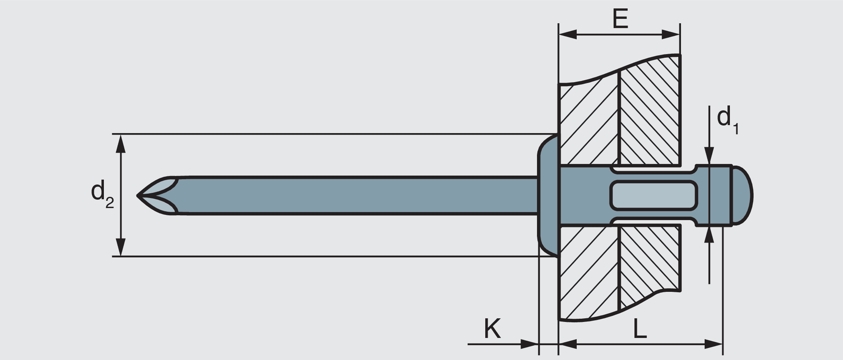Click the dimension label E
click(620, 19)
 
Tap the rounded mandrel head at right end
click(742, 196)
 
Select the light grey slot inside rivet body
click(654, 195)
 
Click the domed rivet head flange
click(547, 196)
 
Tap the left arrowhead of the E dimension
click(567, 34)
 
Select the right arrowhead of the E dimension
click(671, 34)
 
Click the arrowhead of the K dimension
click(529, 344)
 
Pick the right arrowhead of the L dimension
click(714, 344)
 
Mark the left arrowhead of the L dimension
click(568, 344)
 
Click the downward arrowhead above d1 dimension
click(709, 156)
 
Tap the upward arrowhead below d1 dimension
click(709, 235)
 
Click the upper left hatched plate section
click(588, 120)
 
